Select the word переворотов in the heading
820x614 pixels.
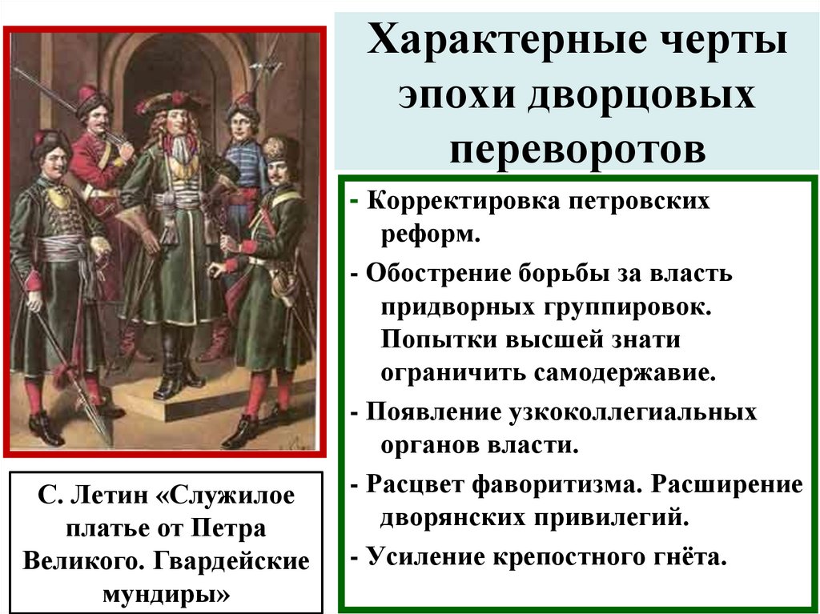(577, 149)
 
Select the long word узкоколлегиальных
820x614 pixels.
(630, 413)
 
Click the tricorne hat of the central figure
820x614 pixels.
(172, 102)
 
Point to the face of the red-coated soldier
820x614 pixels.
(96, 118)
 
